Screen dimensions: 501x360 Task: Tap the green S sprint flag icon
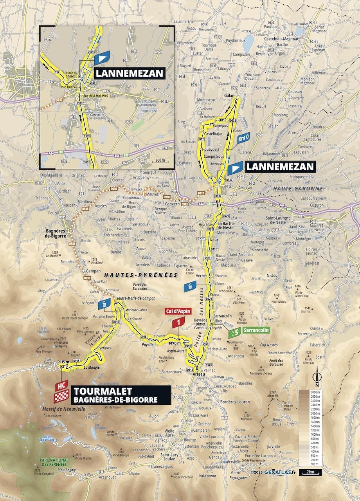234,332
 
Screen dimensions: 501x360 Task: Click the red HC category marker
61,386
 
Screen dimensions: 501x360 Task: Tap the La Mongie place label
91,367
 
